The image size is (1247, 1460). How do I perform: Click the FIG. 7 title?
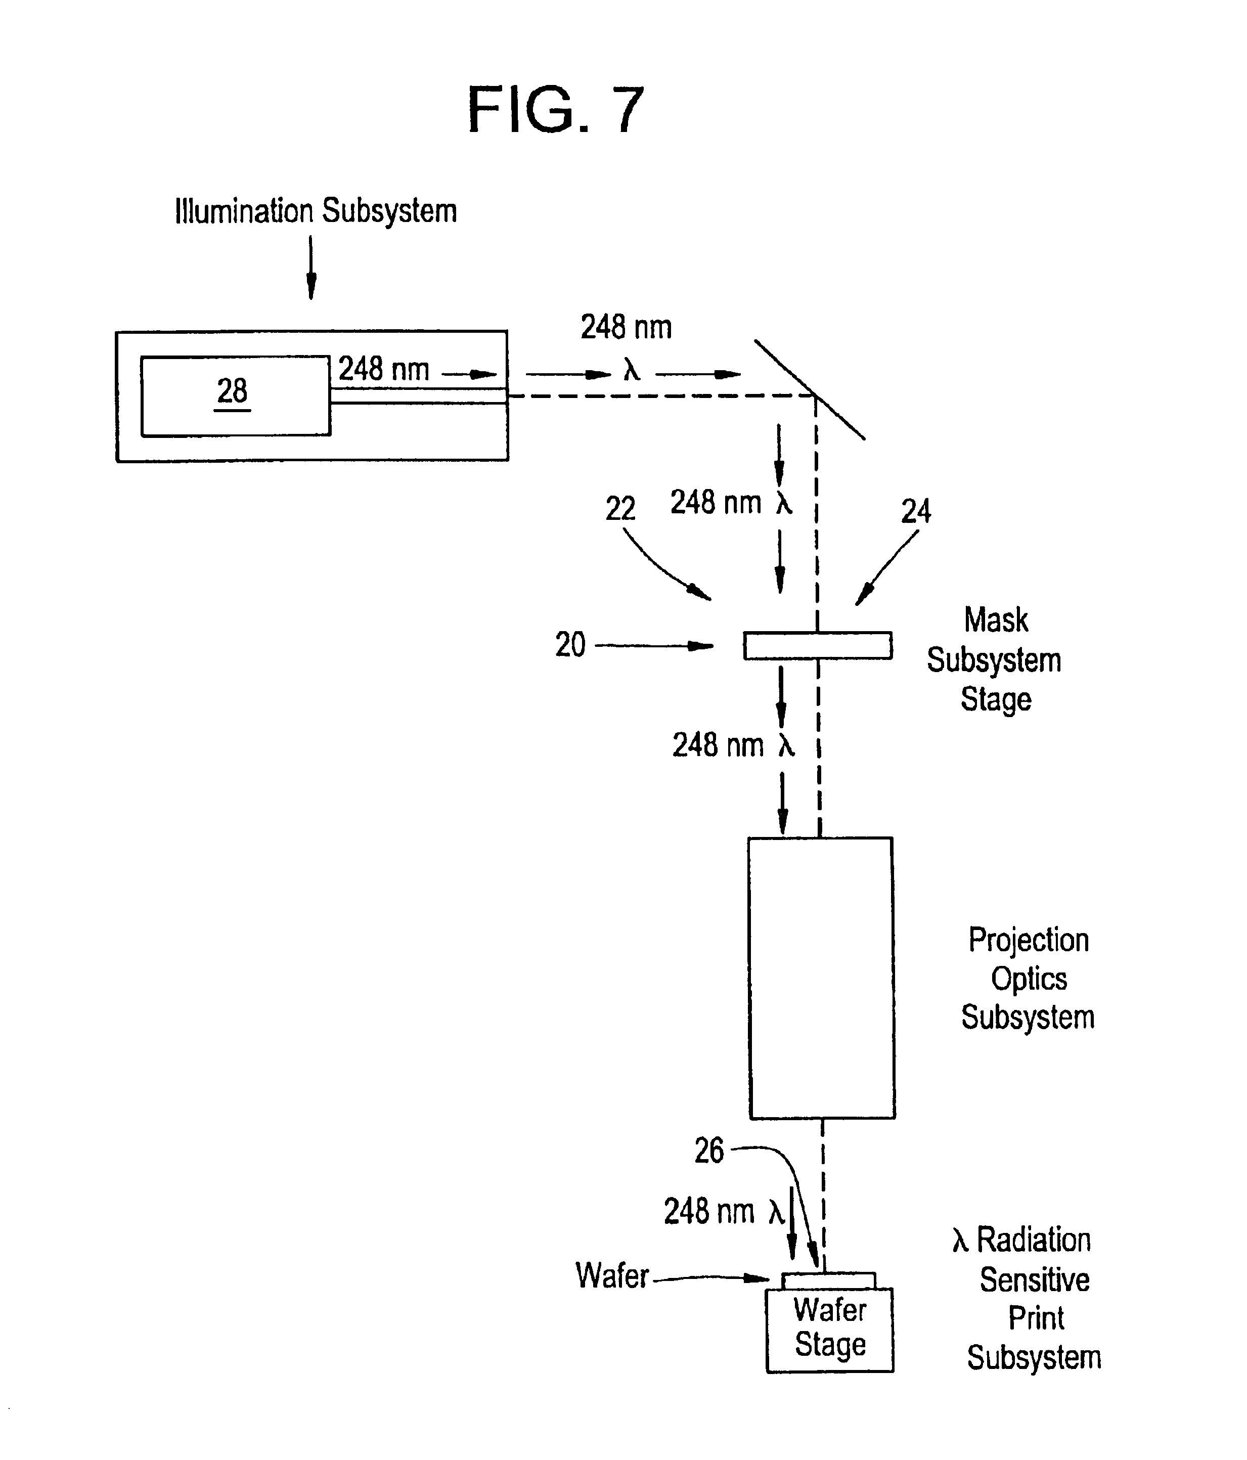(556, 109)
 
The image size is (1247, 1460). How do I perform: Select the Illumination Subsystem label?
(316, 211)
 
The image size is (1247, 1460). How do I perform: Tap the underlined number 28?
(232, 392)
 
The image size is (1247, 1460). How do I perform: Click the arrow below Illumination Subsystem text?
(310, 268)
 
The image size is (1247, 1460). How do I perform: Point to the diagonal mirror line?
(810, 390)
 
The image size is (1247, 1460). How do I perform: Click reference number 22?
(620, 509)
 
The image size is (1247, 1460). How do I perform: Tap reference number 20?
(570, 645)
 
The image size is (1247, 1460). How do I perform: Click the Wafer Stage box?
(830, 1331)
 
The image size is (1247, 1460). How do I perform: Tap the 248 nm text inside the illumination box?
(384, 369)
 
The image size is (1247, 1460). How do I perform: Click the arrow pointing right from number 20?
(654, 645)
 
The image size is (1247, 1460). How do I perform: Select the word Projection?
(1029, 941)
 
